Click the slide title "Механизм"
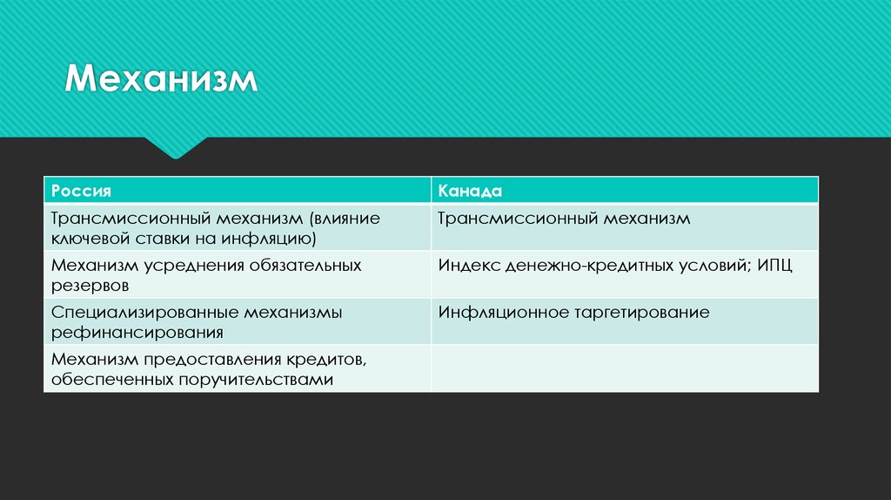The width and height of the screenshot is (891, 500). click(x=163, y=81)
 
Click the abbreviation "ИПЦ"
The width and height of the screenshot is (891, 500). click(x=774, y=265)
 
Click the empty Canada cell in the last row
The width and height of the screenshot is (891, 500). click(x=625, y=368)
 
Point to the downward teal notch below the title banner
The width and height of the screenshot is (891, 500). click(x=176, y=147)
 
